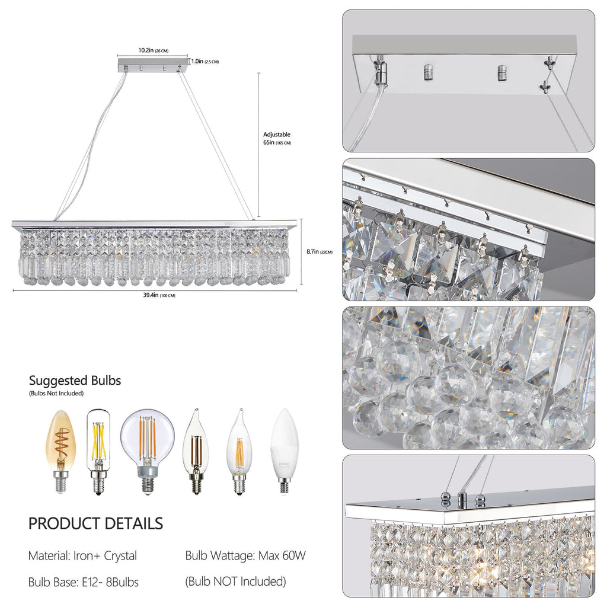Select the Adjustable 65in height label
[277, 139]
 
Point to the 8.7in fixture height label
[319, 251]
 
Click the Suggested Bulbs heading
[75, 381]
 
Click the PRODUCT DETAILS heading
[95, 523]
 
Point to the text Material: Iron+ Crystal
[82, 556]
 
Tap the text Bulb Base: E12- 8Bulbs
[84, 582]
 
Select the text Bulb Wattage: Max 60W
[245, 556]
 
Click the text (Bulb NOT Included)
[236, 582]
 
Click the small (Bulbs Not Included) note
[56, 394]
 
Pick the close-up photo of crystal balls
[468, 378]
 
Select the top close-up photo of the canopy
[468, 81]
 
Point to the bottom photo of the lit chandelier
[468, 526]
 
